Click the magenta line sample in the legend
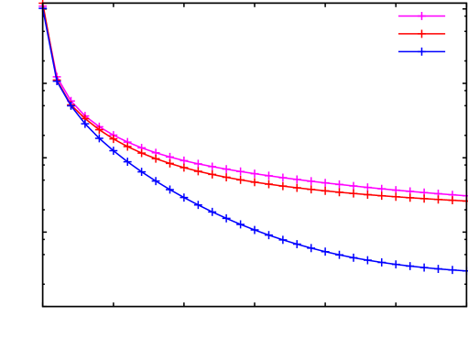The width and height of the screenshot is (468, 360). (422, 16)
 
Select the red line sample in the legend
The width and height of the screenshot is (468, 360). (422, 34)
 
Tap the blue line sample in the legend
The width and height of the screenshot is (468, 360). (422, 51)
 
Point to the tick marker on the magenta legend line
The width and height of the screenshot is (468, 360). (422, 16)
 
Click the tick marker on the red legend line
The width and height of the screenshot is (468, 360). (422, 34)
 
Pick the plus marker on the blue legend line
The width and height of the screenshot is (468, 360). (422, 51)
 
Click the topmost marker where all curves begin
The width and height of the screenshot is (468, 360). (42, 5)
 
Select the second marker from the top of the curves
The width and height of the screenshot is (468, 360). (57, 79)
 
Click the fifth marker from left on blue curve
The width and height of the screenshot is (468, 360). (99, 138)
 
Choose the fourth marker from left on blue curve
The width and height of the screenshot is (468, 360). (85, 123)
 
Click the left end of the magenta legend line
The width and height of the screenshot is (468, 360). (399, 16)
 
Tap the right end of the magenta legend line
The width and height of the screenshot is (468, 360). (445, 16)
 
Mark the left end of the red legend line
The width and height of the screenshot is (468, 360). (399, 34)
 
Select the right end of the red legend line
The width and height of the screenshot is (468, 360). (445, 34)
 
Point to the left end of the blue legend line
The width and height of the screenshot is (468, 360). (399, 51)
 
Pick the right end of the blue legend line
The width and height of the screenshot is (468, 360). (445, 51)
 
